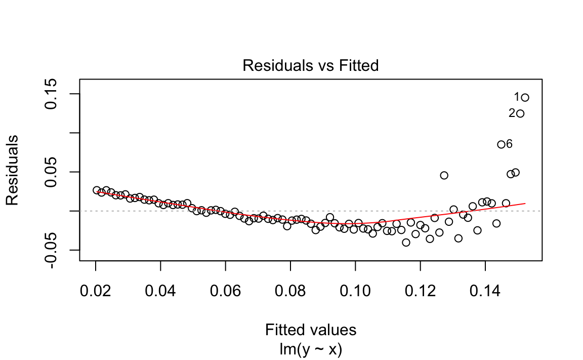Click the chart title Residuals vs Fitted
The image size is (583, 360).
point(310,66)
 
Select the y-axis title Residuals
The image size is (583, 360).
point(12,170)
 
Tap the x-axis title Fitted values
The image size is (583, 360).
point(310,330)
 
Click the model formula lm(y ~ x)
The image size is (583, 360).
point(310,349)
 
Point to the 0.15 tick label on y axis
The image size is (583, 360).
point(52,94)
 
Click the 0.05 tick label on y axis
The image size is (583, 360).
point(52,172)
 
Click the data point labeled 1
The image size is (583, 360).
point(525,97)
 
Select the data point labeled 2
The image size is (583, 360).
point(520,113)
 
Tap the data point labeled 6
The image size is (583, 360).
point(501,144)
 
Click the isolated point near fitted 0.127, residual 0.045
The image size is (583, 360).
point(444,175)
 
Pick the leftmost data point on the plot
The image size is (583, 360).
point(97,190)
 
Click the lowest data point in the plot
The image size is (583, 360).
point(406,243)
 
